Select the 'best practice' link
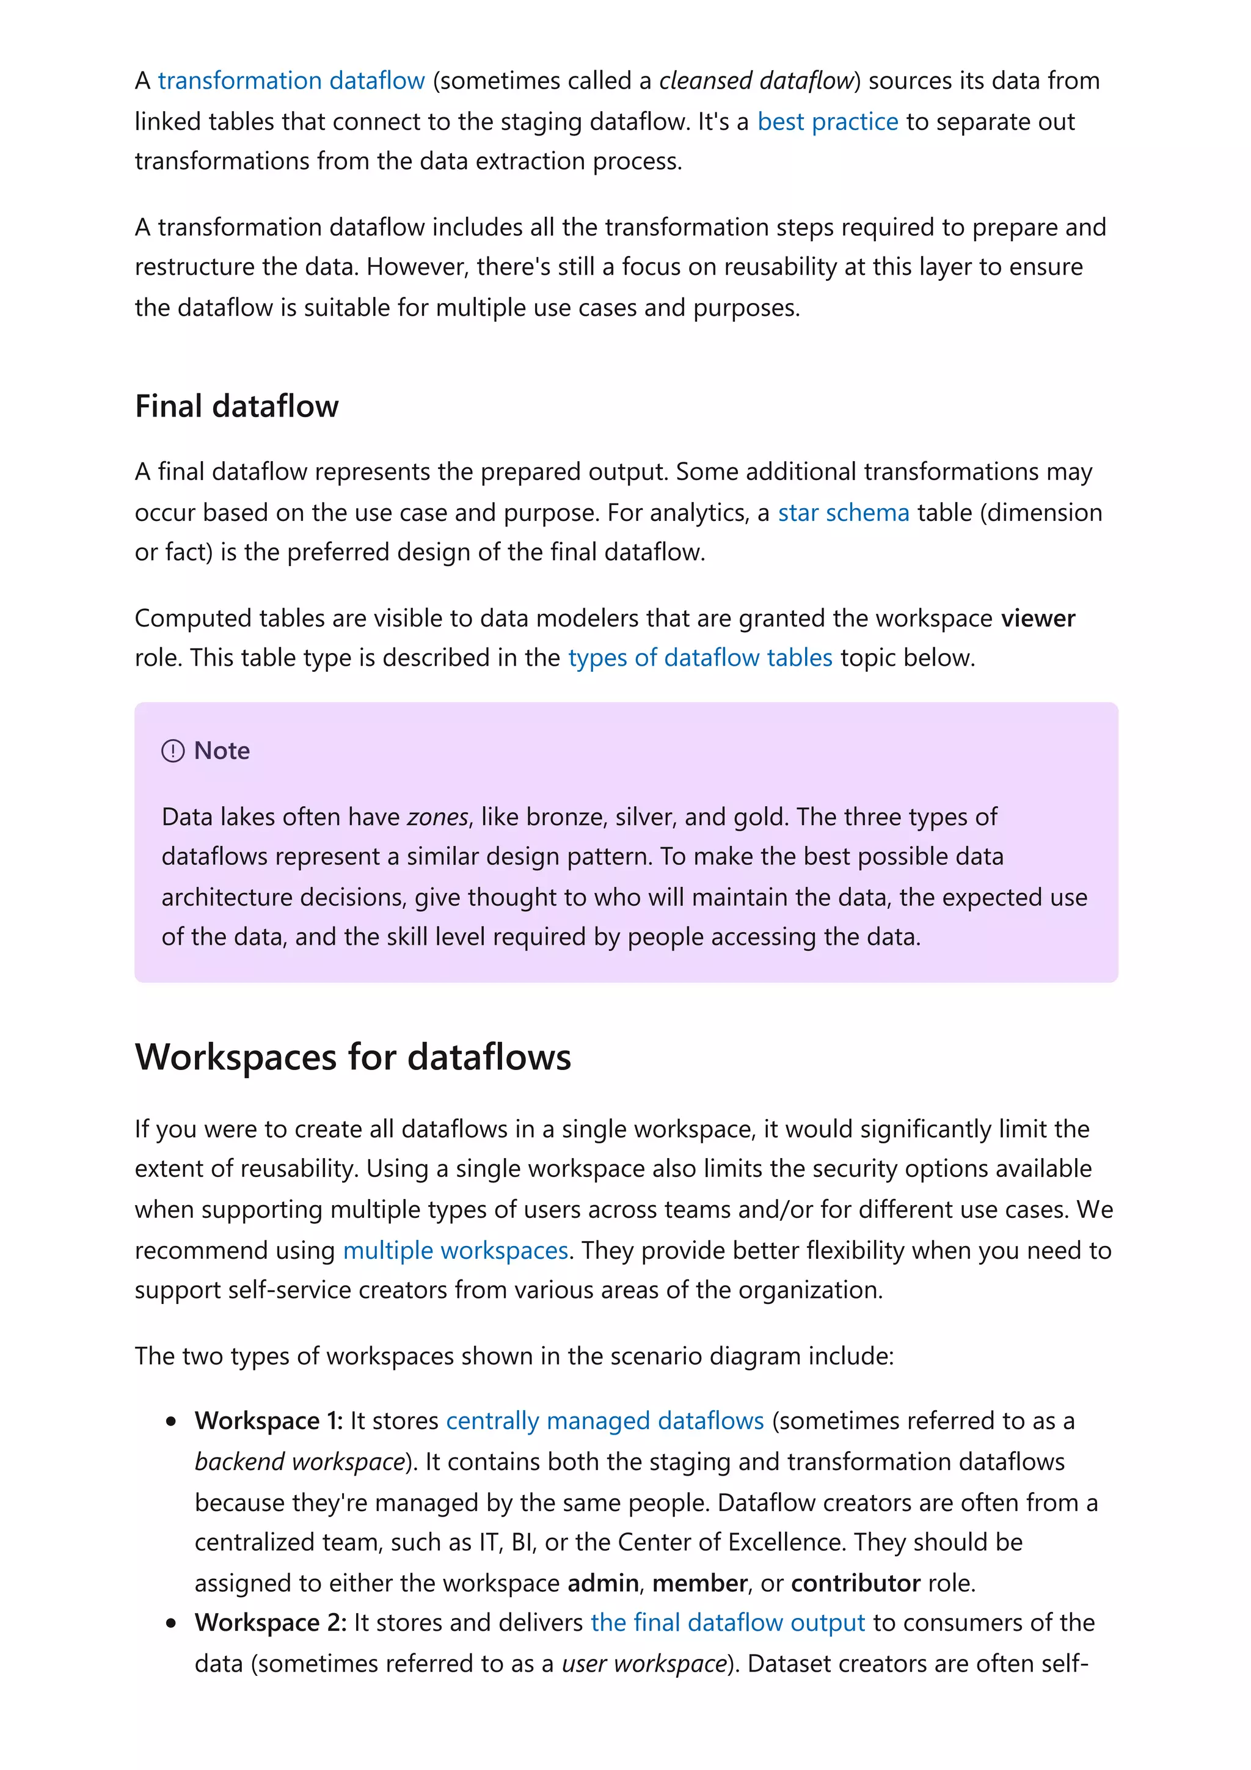tap(827, 122)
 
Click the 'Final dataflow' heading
tap(236, 406)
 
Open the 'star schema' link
tap(843, 512)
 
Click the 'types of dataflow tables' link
tap(700, 658)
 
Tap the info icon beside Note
tap(173, 751)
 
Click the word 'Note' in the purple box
tap(222, 751)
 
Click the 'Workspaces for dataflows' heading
tap(353, 1057)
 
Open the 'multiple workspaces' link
tap(456, 1250)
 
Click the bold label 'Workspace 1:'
tap(268, 1421)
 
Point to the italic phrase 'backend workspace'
tap(300, 1462)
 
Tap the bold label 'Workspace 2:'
tap(271, 1623)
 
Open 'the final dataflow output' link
tap(728, 1623)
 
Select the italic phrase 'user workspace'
tap(644, 1664)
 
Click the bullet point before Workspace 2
tap(171, 1623)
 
